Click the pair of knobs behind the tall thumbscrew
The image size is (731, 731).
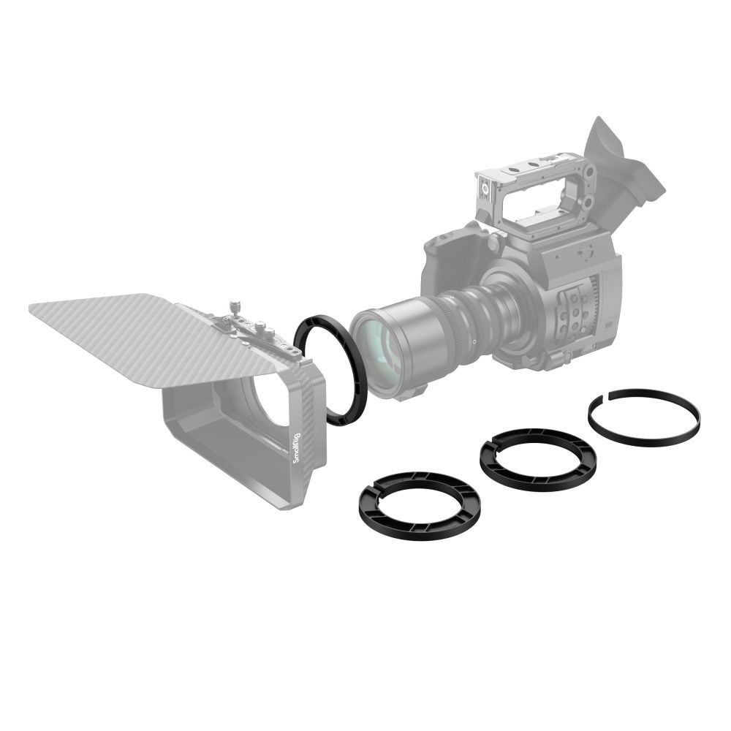point(263,333)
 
